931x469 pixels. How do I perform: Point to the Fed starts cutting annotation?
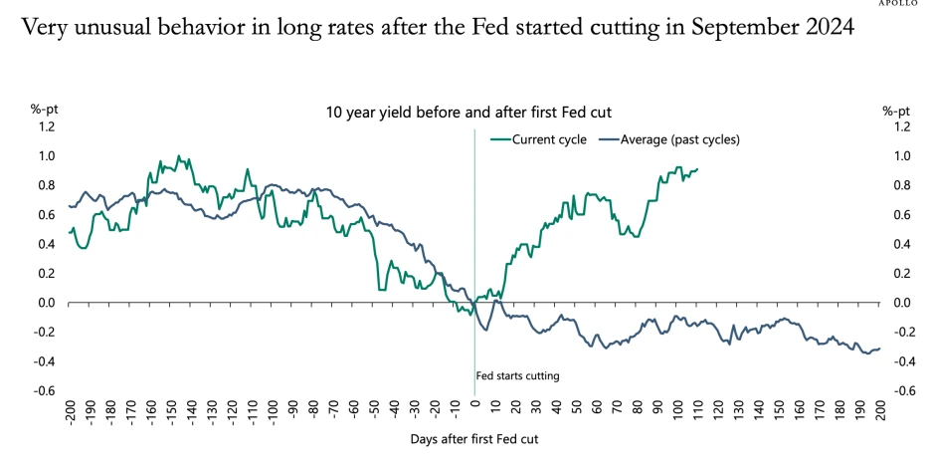(x=518, y=375)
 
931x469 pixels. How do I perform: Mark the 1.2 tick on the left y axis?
(x=48, y=126)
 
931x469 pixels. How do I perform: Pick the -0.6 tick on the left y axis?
(x=46, y=391)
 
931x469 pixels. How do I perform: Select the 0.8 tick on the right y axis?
(x=901, y=185)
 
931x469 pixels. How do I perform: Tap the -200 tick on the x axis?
(x=70, y=412)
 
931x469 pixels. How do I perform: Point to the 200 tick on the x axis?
(x=879, y=410)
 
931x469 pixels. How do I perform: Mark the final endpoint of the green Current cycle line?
(x=697, y=169)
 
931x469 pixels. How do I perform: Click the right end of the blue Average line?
(x=880, y=348)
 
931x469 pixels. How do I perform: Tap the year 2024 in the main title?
(x=822, y=28)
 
